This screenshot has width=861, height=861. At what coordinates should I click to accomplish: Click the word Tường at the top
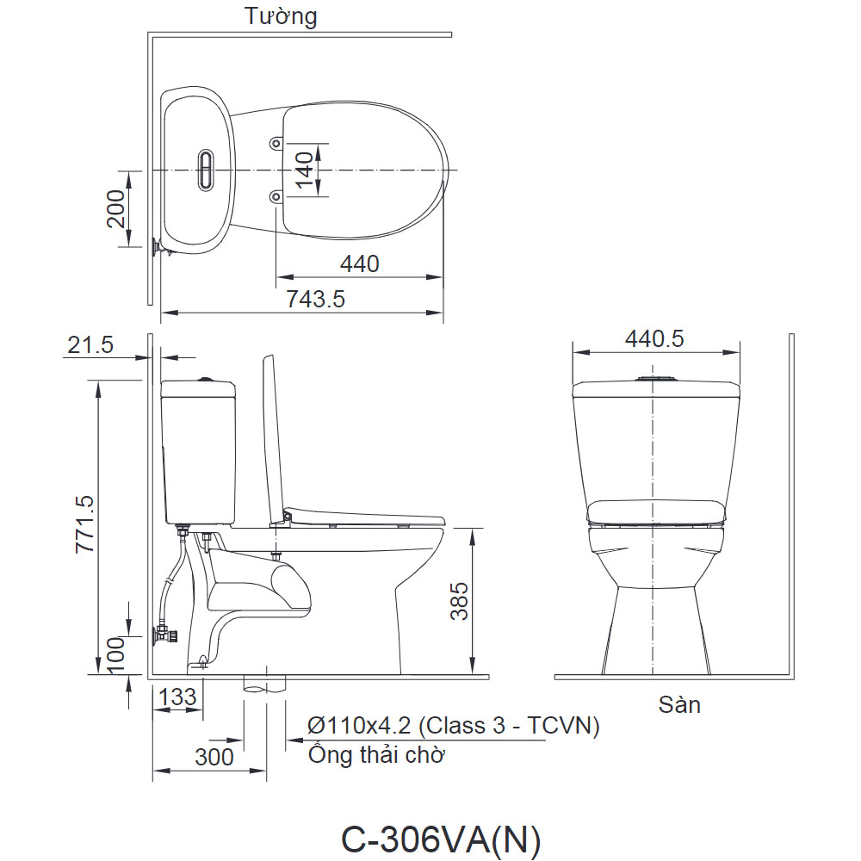(281, 16)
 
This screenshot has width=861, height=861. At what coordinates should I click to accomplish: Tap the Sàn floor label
(679, 704)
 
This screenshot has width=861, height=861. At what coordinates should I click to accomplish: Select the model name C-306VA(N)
(441, 839)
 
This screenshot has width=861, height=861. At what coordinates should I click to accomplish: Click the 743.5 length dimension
(316, 299)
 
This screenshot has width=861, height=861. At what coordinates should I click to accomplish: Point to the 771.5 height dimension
(85, 523)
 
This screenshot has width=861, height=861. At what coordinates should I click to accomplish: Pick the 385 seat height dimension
(459, 601)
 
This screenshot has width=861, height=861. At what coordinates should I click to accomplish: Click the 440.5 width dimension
(654, 338)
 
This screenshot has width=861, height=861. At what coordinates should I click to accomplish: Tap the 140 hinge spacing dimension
(304, 170)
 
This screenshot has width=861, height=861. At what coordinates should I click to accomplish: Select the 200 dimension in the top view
(116, 208)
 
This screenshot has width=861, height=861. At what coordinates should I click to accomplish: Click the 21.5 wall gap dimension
(90, 344)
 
